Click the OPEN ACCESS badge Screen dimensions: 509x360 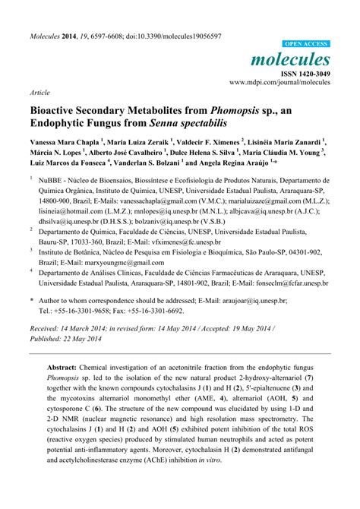click(306, 45)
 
